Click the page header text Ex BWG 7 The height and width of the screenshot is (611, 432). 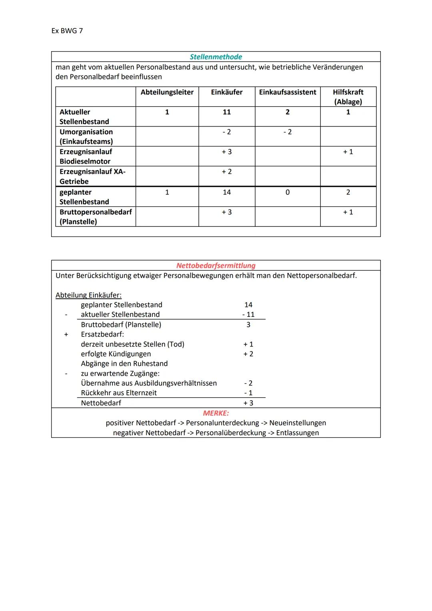(67, 31)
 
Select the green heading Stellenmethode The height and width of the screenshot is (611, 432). (216, 57)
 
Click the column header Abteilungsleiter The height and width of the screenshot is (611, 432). (167, 92)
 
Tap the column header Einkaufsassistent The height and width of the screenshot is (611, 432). (287, 92)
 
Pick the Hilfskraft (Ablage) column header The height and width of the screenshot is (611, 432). (348, 97)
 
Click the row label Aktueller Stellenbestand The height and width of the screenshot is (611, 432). (84, 117)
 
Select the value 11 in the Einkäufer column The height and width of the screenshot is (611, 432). (226, 112)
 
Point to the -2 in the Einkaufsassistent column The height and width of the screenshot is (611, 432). (287, 132)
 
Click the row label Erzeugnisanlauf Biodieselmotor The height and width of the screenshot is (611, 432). (86, 156)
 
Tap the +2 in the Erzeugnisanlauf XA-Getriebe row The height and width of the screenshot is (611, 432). (226, 172)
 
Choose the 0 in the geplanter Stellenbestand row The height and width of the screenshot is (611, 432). (287, 192)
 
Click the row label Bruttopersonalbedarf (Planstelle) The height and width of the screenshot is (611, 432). (95, 217)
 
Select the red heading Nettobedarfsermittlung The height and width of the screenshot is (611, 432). (216, 266)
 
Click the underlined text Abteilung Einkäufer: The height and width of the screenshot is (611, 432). (88, 295)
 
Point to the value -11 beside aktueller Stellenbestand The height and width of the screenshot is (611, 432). (248, 315)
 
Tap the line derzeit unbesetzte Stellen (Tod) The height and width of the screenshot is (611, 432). (132, 344)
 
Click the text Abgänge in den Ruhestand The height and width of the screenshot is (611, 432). (124, 364)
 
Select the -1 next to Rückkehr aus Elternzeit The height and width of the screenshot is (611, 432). (248, 393)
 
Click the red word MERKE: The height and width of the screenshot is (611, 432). (216, 413)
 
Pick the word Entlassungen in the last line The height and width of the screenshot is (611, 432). (297, 433)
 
